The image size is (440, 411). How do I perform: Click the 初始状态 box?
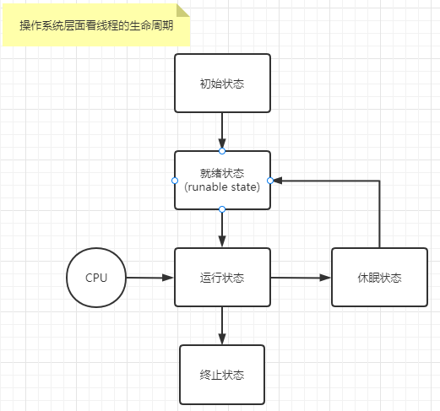click(222, 84)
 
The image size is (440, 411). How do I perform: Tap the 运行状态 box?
click(222, 277)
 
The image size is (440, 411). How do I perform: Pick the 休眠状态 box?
click(379, 277)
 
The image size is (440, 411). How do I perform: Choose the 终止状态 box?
click(222, 375)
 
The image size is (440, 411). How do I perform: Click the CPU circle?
click(96, 277)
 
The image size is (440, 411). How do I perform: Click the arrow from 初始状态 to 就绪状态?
click(222, 131)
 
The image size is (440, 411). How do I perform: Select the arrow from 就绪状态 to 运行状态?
click(222, 227)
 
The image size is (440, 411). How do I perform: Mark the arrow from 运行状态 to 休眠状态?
click(301, 277)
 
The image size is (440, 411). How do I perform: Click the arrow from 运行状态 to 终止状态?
click(222, 325)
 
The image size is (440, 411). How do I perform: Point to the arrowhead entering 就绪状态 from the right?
click(277, 180)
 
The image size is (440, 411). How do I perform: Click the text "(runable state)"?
click(222, 187)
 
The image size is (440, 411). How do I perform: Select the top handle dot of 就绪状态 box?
click(222, 151)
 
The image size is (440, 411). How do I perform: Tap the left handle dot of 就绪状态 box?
click(175, 180)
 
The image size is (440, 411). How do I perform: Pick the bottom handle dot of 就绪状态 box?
click(222, 208)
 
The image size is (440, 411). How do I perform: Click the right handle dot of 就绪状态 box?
click(269, 180)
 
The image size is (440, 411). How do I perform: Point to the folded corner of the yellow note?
click(185, 10)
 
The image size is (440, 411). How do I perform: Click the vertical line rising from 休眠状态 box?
click(379, 215)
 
